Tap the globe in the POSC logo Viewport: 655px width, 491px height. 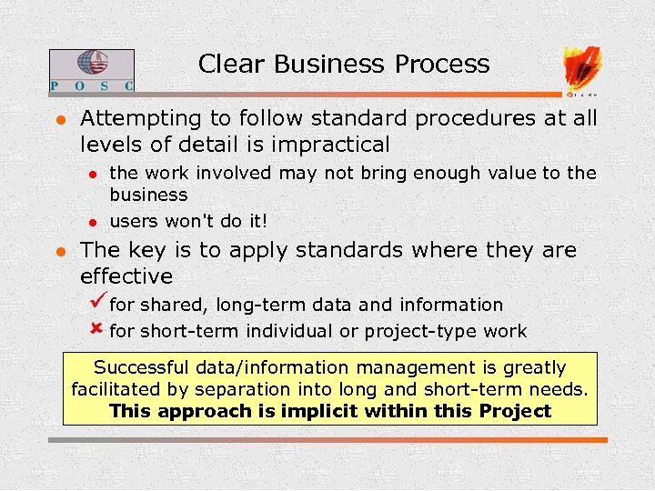[x=92, y=65]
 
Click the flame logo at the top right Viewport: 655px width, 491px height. [x=581, y=67]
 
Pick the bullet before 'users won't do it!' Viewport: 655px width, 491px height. [x=91, y=221]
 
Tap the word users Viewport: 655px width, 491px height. [x=134, y=221]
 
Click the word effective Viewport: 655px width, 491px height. [x=126, y=276]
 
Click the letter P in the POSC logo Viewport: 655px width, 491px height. [x=55, y=85]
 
